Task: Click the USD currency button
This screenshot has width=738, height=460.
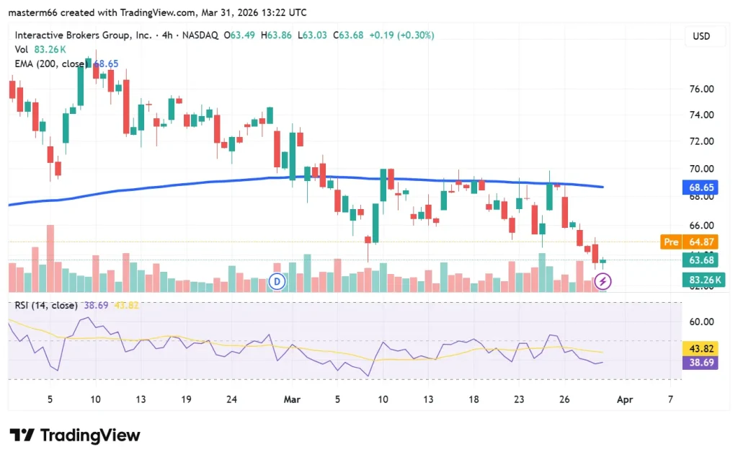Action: (x=701, y=36)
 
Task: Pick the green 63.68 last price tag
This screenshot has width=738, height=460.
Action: (x=701, y=260)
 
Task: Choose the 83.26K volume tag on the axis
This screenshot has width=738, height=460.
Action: (x=701, y=280)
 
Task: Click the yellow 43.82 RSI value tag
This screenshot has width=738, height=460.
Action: (x=701, y=348)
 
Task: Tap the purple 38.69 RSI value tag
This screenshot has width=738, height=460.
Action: (x=701, y=363)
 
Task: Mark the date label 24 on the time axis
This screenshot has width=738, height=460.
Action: (x=231, y=399)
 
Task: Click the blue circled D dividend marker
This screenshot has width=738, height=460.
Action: (x=277, y=281)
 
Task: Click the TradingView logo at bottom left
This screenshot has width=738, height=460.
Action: (x=75, y=435)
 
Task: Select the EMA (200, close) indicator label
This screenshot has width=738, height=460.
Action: (x=50, y=64)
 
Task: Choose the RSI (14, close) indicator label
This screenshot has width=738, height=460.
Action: (x=46, y=306)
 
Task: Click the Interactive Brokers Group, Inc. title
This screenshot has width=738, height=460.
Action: (x=82, y=35)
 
